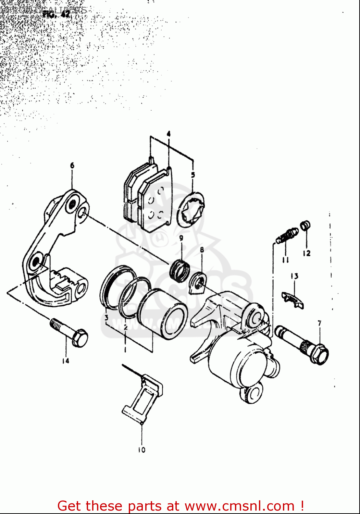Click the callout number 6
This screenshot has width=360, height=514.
(72, 166)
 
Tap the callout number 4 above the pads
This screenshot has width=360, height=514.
(169, 134)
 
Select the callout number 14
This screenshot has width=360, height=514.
(65, 360)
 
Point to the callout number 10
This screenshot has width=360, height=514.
(141, 450)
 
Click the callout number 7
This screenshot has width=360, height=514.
(319, 323)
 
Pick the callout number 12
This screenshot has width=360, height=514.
(306, 253)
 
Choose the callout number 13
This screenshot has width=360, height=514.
(294, 276)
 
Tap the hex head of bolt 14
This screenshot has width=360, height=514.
(80, 338)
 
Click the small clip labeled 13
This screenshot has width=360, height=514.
(293, 299)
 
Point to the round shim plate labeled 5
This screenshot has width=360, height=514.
(191, 209)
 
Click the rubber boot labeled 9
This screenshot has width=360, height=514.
(179, 269)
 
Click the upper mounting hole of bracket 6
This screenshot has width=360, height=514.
(72, 205)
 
